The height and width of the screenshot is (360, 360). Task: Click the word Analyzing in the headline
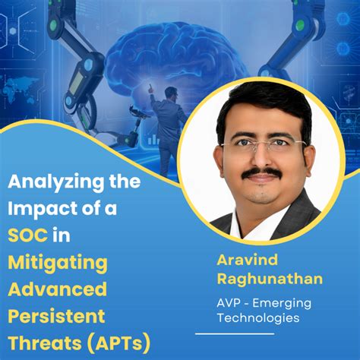point(53,182)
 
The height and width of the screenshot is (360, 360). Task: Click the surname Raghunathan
point(269,279)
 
